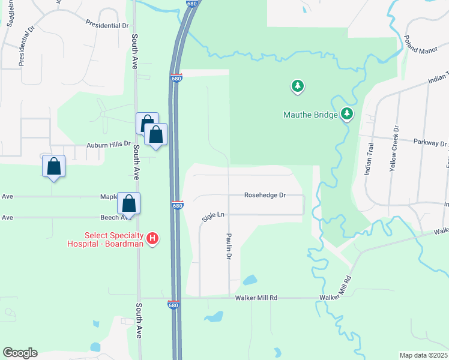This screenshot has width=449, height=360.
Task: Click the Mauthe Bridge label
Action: [x=309, y=113]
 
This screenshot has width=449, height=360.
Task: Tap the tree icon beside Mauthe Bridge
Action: [x=346, y=113]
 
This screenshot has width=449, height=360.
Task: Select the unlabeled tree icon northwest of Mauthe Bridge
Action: [x=297, y=87]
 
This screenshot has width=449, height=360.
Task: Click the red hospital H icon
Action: [x=152, y=238]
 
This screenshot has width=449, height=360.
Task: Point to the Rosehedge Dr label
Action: [x=265, y=195]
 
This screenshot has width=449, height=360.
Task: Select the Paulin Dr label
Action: [x=229, y=246]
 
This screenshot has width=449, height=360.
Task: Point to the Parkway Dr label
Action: [x=431, y=143]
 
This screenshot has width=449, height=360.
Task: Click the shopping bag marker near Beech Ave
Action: [x=129, y=203]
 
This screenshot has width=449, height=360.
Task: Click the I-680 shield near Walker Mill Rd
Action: [x=173, y=305]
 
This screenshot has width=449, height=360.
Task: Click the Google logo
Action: [x=20, y=353]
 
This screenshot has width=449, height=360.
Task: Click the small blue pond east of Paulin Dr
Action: [x=250, y=280]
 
